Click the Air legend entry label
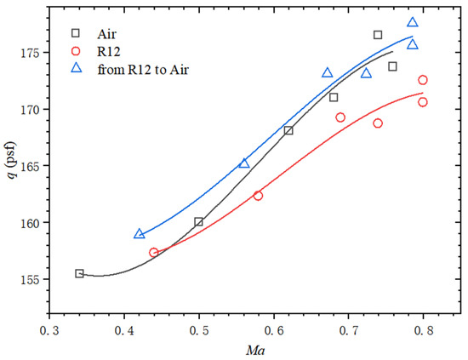101,34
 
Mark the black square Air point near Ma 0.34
79,273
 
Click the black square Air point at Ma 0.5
199,222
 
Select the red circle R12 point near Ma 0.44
154,253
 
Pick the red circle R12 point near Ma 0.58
259,196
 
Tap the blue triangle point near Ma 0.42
140,233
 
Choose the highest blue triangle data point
413,23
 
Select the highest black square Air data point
378,35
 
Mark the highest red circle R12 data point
423,80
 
